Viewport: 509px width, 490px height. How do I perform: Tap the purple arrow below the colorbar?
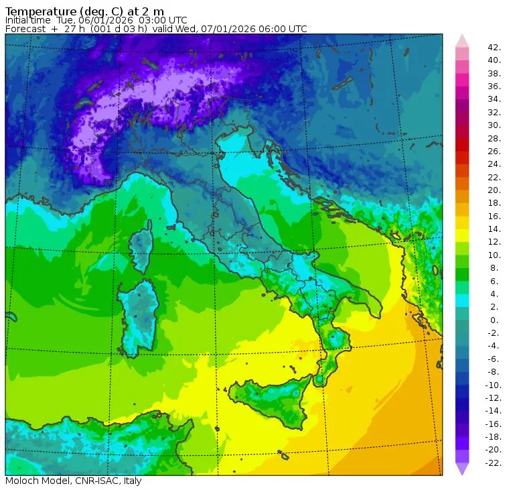tap(462, 469)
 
